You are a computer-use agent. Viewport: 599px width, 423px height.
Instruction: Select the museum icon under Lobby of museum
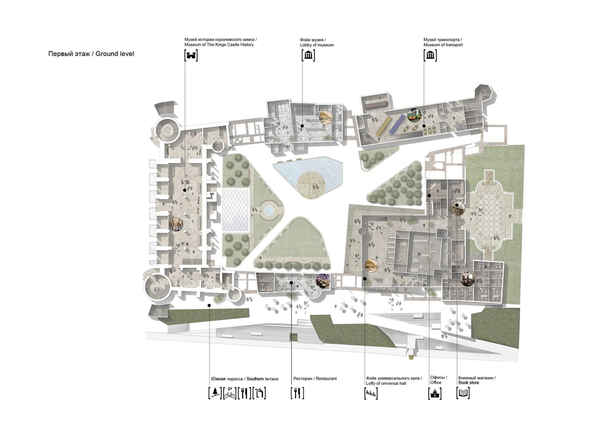pos(308,55)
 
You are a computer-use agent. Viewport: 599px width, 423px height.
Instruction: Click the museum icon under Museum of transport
pos(430,55)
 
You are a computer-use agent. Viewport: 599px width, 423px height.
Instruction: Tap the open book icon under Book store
pos(463,393)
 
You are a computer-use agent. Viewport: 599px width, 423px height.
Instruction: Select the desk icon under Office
pos(435,393)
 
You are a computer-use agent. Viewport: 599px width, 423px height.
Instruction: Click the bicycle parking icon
pos(230,393)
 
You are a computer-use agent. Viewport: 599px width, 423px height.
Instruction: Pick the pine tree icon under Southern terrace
pos(215,393)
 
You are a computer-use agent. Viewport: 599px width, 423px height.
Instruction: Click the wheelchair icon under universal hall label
pos(371,393)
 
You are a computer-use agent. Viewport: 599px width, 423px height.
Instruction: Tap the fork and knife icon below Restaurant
pos(297,393)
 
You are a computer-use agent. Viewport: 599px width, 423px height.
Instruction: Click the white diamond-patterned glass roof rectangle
pos(236,210)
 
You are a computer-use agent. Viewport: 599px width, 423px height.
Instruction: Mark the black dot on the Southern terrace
pos(209,305)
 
